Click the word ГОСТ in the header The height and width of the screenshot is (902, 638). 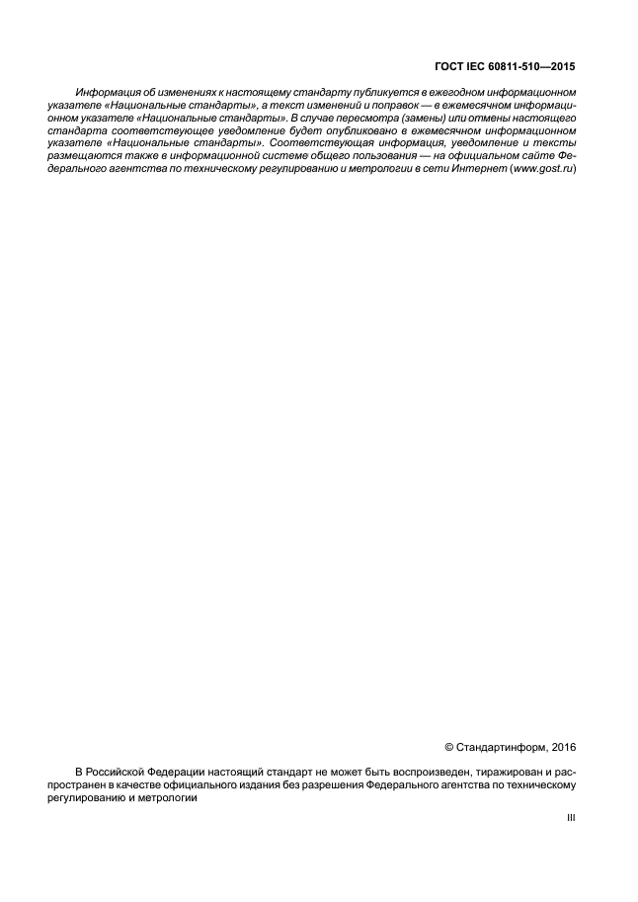[448, 68]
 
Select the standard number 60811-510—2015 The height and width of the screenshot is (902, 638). [533, 68]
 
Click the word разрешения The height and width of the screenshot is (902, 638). [327, 784]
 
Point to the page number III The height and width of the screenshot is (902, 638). [570, 818]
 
